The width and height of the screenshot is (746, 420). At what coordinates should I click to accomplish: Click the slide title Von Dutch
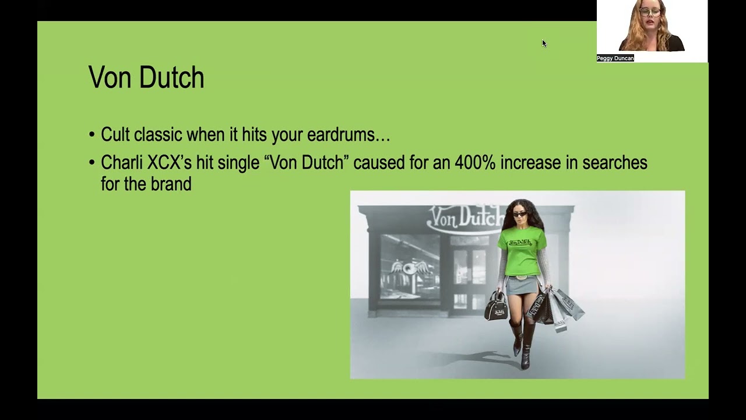pyautogui.click(x=146, y=78)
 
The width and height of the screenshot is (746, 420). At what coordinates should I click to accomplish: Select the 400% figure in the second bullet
pyautogui.click(x=474, y=163)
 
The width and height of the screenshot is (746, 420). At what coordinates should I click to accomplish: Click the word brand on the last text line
pyautogui.click(x=171, y=184)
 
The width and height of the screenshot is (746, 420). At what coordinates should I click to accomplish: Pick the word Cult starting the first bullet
pyautogui.click(x=115, y=135)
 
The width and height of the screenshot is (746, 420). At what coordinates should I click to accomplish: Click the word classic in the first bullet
pyautogui.click(x=159, y=135)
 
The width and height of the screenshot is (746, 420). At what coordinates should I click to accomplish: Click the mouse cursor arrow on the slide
pyautogui.click(x=544, y=43)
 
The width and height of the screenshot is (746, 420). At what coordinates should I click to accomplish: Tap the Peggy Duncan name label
pyautogui.click(x=615, y=58)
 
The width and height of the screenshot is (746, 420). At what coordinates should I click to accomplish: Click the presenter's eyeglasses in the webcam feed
pyautogui.click(x=649, y=12)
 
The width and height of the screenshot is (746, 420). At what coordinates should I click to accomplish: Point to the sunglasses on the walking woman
pyautogui.click(x=519, y=215)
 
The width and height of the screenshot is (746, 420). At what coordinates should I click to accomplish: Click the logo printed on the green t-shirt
pyautogui.click(x=520, y=242)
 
